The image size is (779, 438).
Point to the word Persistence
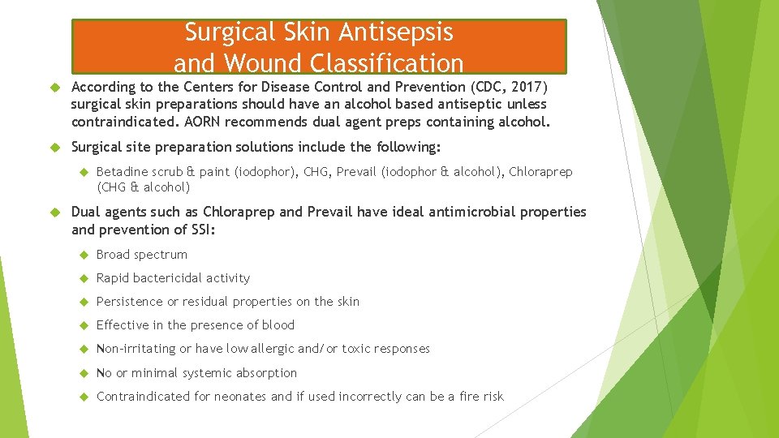coord(130,302)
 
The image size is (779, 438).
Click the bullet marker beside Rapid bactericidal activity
coord(84,278)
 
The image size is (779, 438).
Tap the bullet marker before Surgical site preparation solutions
coord(56,148)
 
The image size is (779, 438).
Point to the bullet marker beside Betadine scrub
coord(84,172)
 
